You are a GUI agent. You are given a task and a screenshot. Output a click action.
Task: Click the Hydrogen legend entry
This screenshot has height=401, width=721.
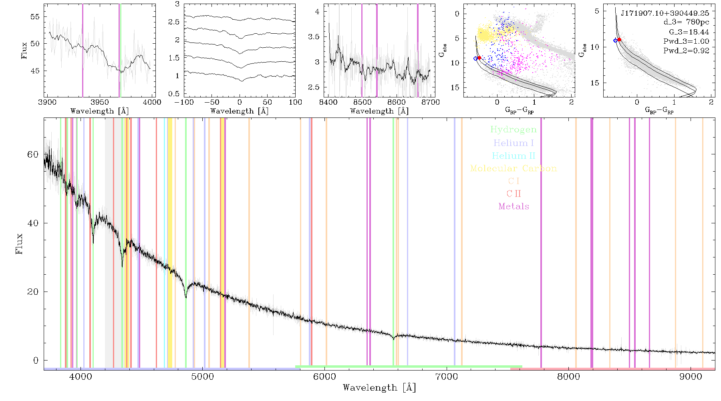(513, 130)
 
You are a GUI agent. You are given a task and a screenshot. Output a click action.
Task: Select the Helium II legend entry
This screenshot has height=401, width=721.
(514, 156)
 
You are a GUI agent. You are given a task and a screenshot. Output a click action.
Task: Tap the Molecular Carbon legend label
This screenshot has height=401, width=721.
(514, 168)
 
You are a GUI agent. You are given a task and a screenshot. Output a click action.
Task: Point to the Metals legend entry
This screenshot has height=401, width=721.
(514, 207)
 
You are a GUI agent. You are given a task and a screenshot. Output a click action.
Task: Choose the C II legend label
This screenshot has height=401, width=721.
(514, 194)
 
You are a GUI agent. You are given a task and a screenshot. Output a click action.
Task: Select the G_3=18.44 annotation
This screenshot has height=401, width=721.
(689, 32)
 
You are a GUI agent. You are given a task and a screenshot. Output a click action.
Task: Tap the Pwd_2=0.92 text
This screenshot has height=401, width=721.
(686, 51)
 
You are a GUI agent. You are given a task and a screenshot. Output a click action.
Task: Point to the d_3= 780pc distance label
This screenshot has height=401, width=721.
(686, 22)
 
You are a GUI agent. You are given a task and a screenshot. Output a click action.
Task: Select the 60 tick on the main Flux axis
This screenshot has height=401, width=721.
(33, 155)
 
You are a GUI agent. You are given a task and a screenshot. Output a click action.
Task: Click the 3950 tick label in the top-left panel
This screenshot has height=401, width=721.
(99, 102)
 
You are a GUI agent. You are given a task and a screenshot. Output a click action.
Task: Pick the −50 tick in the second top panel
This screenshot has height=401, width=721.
(211, 102)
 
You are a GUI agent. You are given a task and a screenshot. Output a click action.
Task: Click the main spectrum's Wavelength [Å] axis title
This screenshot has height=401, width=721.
(379, 388)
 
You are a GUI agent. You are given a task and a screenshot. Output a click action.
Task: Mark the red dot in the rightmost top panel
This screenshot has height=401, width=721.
(619, 40)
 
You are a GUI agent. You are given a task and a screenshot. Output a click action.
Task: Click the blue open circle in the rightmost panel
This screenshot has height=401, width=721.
(615, 41)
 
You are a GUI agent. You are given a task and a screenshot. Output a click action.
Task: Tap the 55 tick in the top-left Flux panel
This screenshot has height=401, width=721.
(35, 17)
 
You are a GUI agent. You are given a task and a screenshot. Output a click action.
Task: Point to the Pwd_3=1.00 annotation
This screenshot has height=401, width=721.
(686, 41)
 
